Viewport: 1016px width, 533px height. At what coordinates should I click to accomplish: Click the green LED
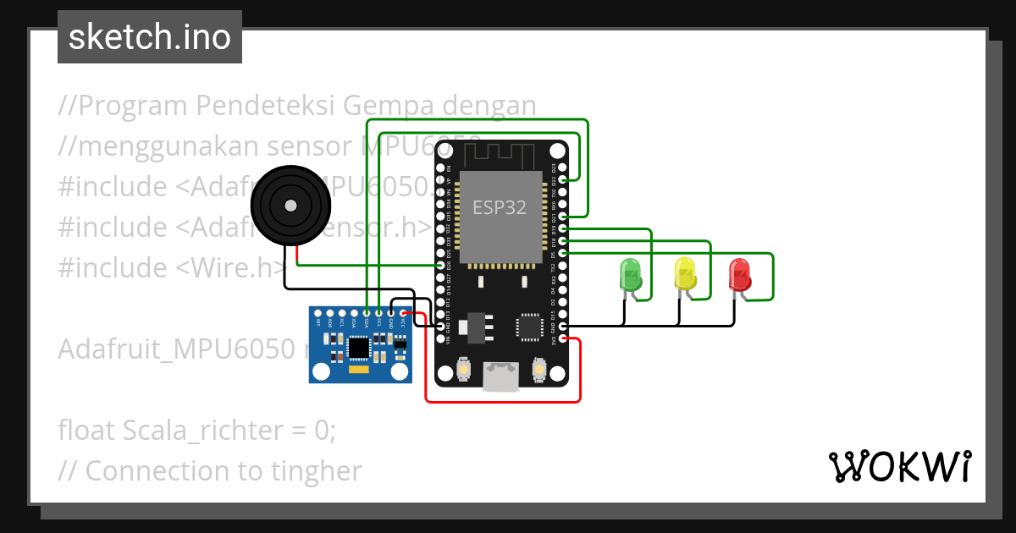[x=631, y=275]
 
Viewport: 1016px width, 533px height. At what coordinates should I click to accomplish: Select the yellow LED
[x=685, y=274]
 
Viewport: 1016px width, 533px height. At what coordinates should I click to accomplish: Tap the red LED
[x=739, y=274]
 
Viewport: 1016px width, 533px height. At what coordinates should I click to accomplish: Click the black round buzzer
[x=290, y=206]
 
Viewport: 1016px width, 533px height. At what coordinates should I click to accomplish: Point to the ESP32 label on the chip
[x=500, y=208]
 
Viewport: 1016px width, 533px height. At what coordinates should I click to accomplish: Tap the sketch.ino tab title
[x=150, y=37]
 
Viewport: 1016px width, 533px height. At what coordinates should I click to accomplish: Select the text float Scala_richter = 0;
[x=197, y=431]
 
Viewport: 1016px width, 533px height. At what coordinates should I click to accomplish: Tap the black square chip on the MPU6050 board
[x=359, y=347]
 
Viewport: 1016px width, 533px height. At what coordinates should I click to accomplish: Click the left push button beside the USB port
[x=464, y=370]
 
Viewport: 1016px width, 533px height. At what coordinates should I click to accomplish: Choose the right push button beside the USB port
[x=538, y=370]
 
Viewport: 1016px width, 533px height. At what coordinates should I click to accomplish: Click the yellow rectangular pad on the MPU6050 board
[x=359, y=370]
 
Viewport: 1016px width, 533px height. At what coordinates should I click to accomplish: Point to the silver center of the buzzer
[x=290, y=206]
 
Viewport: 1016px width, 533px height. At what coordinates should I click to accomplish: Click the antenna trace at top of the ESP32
[x=500, y=155]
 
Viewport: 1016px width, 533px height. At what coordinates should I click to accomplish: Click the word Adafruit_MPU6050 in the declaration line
[x=177, y=349]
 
